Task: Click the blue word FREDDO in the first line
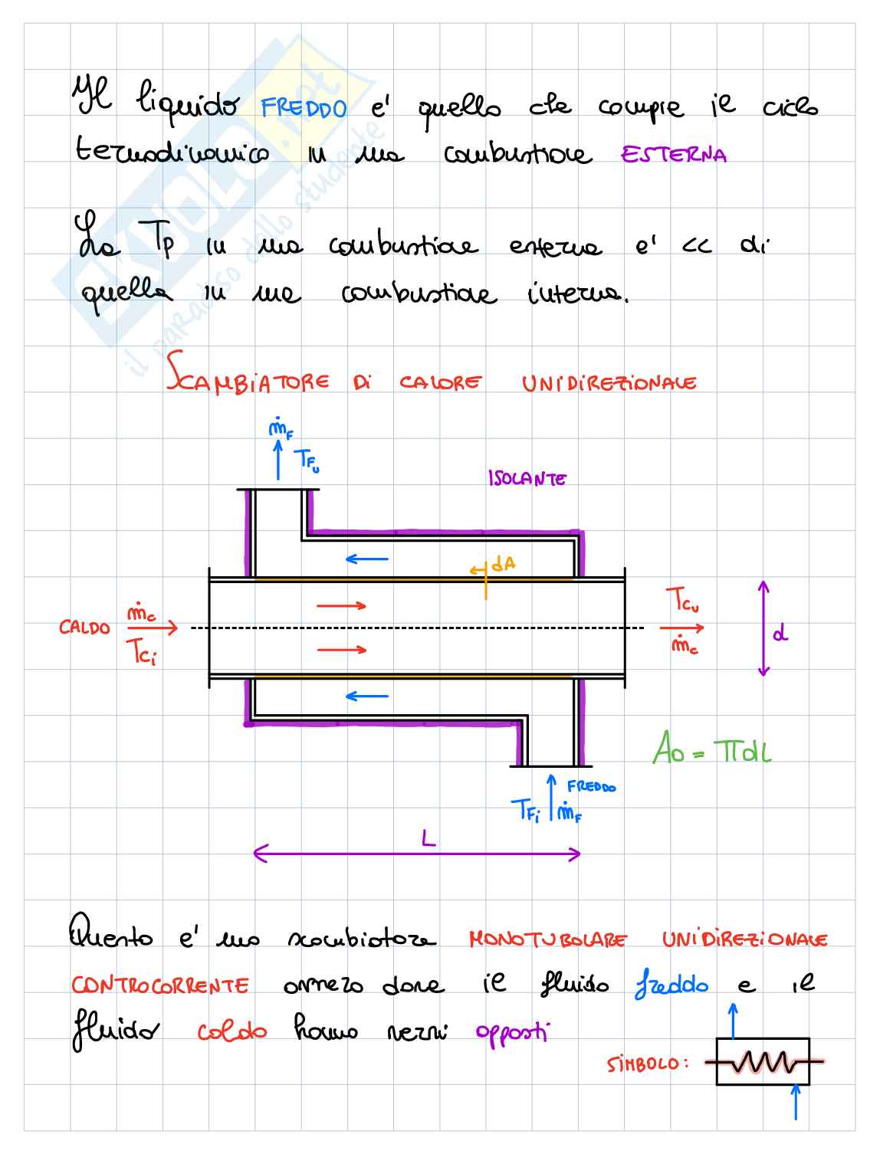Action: pos(304,108)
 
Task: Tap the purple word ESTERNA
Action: pos(674,155)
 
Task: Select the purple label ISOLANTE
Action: pos(527,479)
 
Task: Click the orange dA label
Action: pos(504,565)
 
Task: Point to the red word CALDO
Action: pos(84,628)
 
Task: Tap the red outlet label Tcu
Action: pos(681,600)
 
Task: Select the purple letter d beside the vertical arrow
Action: pos(780,634)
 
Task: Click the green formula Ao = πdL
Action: pos(711,749)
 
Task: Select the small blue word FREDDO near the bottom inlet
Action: pos(591,787)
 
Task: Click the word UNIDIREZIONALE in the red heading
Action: pos(609,383)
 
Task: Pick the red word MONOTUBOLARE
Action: pos(547,939)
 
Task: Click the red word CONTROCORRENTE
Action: pos(160,985)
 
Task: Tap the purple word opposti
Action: pos(512,1033)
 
